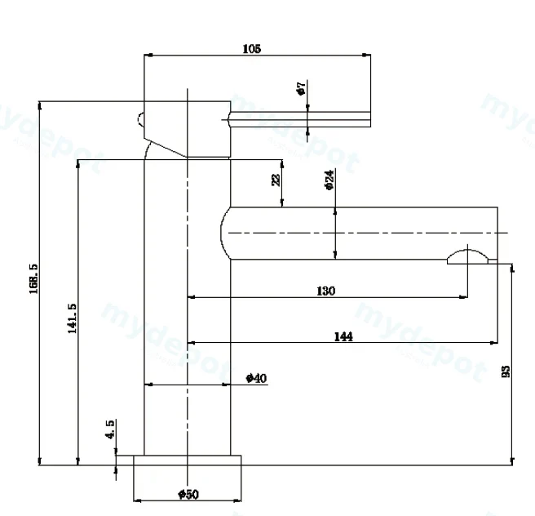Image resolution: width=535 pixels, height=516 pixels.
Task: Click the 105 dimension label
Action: tap(252, 48)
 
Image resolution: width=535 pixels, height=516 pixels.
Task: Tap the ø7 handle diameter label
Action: tap(301, 88)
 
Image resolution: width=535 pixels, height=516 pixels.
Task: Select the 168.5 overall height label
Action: tap(33, 278)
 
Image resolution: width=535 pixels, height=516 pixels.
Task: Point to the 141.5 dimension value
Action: tap(72, 318)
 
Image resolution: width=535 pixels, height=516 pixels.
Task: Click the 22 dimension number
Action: tap(276, 180)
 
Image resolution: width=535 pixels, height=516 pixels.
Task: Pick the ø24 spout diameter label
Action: tap(329, 180)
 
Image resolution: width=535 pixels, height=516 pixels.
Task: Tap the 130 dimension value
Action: tap(326, 291)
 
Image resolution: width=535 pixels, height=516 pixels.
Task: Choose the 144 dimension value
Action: tap(343, 336)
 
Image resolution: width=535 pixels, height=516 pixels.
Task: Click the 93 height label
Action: tap(506, 371)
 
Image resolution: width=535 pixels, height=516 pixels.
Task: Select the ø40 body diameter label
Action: tap(256, 378)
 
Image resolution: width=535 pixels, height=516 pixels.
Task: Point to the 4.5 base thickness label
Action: tap(110, 429)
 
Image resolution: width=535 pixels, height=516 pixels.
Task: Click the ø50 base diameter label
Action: tap(188, 494)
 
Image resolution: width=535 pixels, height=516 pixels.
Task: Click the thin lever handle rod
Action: tap(300, 119)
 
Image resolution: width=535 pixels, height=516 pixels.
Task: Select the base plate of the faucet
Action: tap(188, 460)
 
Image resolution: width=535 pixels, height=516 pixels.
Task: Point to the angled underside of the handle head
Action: tap(166, 148)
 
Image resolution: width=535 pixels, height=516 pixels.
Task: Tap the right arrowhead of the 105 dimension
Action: tap(366, 55)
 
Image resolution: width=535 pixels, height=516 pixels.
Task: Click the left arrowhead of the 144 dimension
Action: tap(192, 342)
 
